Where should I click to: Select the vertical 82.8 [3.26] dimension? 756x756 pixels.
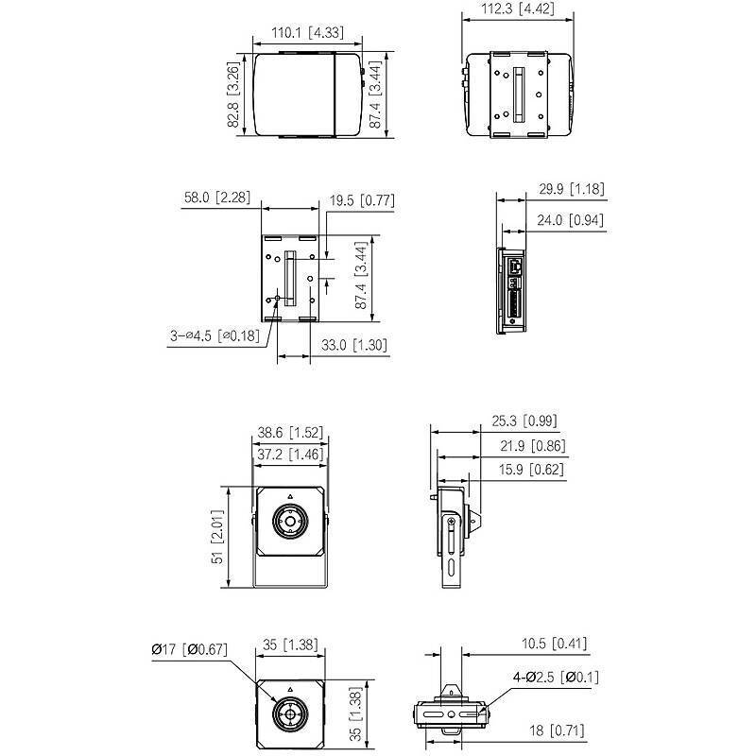point(233,94)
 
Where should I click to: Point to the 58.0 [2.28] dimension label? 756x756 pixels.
point(217,198)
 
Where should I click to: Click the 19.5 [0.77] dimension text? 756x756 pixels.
point(361,200)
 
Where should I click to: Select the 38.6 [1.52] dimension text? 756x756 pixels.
point(290,433)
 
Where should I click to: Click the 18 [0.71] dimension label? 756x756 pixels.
point(557,730)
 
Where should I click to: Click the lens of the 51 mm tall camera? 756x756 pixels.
point(290,521)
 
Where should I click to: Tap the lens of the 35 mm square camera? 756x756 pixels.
point(290,713)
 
